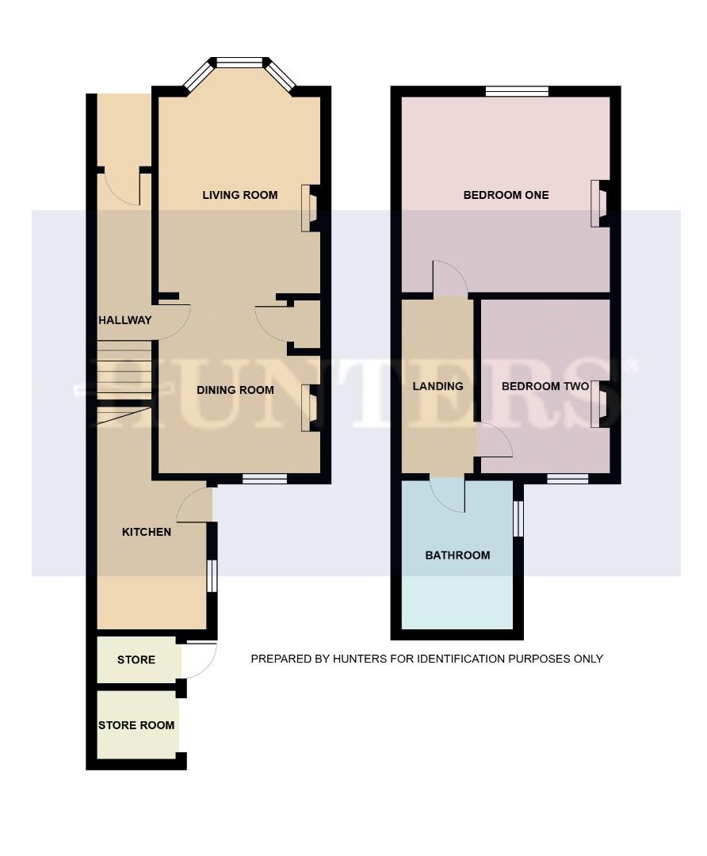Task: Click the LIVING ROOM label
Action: coord(239,195)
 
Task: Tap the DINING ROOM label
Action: coord(235,390)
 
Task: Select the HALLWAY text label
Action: coord(124,320)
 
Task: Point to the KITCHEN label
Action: coord(146,532)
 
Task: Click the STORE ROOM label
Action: coord(136,725)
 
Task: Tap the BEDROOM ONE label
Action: coord(506,195)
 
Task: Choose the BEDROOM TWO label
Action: coord(545,387)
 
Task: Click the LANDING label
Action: coord(438,387)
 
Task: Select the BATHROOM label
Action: coord(457,555)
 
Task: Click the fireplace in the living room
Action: coord(308,208)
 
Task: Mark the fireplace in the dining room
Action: coord(308,407)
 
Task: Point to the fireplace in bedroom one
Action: coord(598,204)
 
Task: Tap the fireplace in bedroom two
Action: coord(598,404)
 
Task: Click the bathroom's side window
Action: coord(518,519)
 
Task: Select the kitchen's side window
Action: coord(211,575)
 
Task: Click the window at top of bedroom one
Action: coord(517,92)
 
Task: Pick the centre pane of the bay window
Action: coord(240,63)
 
